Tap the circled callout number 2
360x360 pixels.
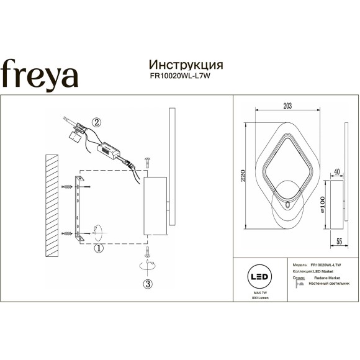[96, 122]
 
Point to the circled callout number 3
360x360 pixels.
[147, 285]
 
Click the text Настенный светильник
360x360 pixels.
[326, 283]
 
